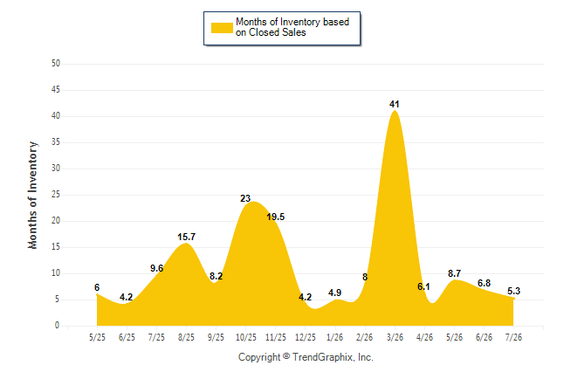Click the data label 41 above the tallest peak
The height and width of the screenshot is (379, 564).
click(x=395, y=105)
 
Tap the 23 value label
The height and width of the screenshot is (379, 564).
click(x=245, y=198)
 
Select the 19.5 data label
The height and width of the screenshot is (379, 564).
click(x=276, y=217)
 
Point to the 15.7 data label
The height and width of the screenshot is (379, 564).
click(x=186, y=237)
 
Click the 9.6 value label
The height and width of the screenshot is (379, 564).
click(x=156, y=268)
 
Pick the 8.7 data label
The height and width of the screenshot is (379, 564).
click(x=454, y=273)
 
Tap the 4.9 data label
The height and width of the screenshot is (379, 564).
click(x=335, y=293)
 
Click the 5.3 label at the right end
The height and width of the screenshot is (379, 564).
click(x=513, y=291)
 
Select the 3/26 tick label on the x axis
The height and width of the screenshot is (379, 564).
click(x=395, y=337)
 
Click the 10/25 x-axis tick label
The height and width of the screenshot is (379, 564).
click(x=246, y=337)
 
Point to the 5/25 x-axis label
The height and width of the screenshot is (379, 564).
click(x=97, y=337)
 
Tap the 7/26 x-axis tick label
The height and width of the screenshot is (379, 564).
click(x=513, y=337)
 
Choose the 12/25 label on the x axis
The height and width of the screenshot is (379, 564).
click(x=306, y=337)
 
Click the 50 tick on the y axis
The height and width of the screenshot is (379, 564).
click(x=56, y=64)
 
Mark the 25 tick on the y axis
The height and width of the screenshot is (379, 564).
click(x=56, y=195)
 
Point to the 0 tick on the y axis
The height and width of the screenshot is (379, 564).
click(x=58, y=326)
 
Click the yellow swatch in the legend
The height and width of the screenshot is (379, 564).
click(x=222, y=28)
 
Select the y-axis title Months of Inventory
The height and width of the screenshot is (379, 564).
click(x=32, y=195)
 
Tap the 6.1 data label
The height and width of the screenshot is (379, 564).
click(x=423, y=286)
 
